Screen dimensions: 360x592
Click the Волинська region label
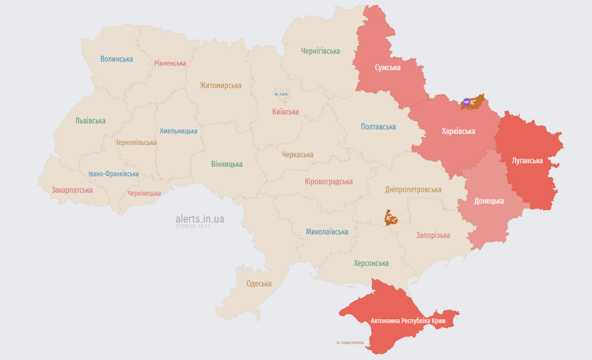pos(117,59)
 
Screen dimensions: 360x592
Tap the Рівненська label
pos(170,63)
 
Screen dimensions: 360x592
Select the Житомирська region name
pos(220,86)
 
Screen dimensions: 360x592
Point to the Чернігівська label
pos(320,51)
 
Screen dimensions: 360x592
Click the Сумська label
pos(388,68)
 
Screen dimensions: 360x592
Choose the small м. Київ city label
pos(281,94)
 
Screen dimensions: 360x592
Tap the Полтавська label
pos(378,127)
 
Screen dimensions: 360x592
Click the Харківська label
pos(458,131)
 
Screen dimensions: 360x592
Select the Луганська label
pos(527,160)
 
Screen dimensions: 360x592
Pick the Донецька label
pos(489,201)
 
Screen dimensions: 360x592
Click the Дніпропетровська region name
pos(413,190)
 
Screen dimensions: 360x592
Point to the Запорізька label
pos(433,235)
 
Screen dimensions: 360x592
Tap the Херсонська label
pos(371,263)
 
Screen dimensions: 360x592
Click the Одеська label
pos(259,284)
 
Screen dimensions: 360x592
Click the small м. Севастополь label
pos(350,343)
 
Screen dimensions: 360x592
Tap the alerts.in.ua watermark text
pos(200,219)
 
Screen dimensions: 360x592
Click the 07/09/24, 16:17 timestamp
pos(192,226)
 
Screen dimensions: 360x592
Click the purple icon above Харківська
pos(466,103)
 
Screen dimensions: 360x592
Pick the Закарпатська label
pos(72,190)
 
